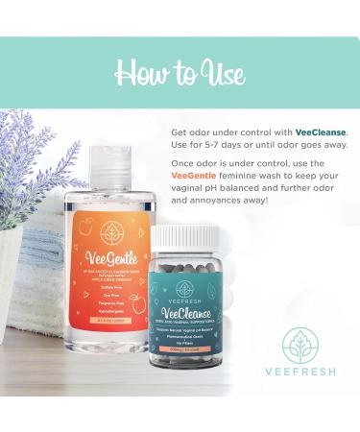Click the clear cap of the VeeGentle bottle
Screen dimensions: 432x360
pos(108,161)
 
